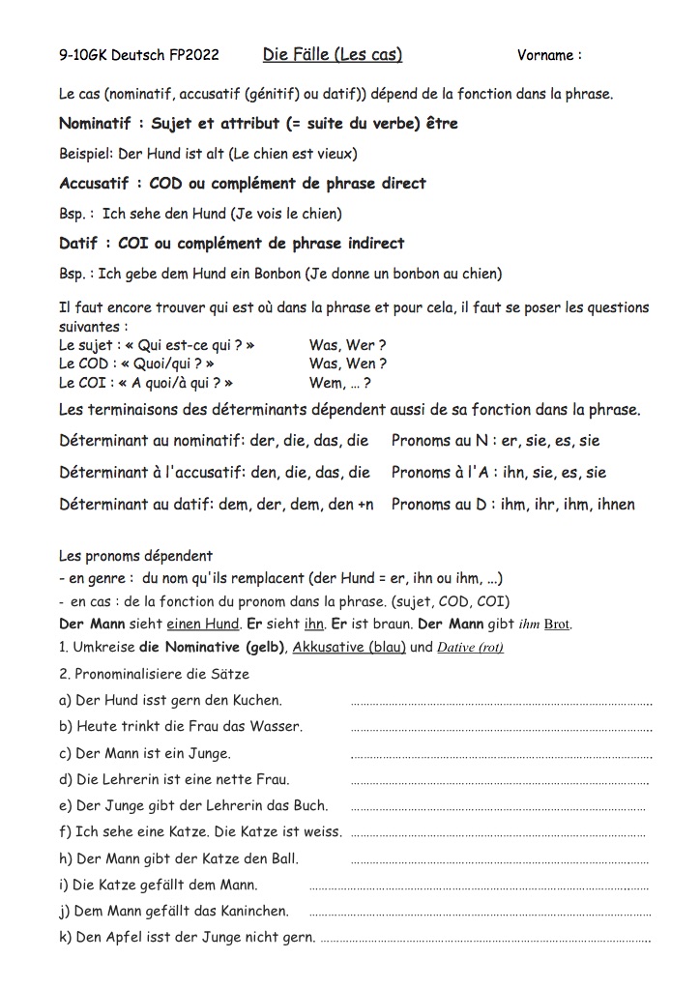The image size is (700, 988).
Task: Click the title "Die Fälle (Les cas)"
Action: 333,54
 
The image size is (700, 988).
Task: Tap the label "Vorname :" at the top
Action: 549,55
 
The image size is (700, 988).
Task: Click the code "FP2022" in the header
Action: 191,55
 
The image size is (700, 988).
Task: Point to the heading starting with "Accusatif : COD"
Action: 242,184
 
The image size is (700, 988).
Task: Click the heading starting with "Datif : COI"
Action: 231,244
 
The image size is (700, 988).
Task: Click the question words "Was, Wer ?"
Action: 348,345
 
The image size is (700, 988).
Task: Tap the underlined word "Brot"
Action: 557,625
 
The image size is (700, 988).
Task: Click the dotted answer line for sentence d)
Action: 499,782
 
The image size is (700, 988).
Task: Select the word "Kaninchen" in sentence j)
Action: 255,911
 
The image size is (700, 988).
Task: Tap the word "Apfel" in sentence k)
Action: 124,937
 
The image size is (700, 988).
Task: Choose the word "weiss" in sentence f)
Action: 321,831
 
